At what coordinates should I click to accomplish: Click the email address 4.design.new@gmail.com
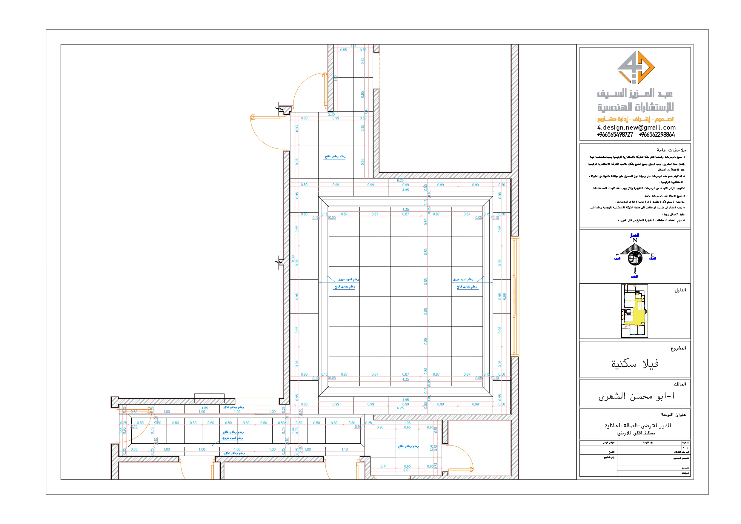point(636,127)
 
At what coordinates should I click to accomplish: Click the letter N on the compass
point(634,241)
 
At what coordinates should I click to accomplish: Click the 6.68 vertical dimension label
point(505,296)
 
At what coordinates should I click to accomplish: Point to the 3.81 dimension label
point(367,111)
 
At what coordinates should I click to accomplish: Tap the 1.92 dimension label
point(336,78)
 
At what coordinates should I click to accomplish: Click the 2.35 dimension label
point(331,114)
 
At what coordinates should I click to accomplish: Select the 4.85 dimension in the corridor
point(205,408)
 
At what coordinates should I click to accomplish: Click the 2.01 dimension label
point(406,470)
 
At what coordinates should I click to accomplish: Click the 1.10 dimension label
point(345,449)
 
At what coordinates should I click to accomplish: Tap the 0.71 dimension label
point(383,466)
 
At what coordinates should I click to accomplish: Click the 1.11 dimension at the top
point(354,46)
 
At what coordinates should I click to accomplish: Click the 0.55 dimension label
point(343,50)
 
